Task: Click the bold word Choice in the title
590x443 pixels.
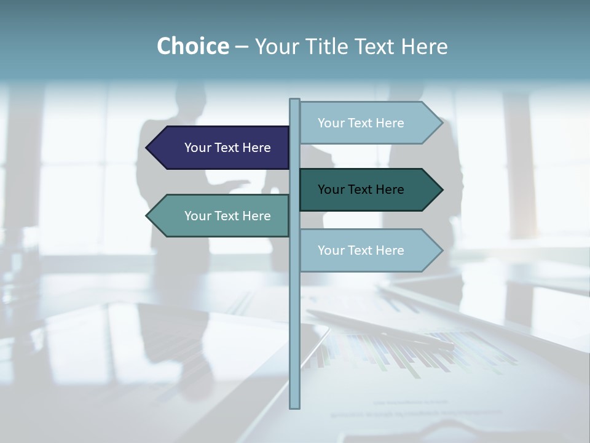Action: click(x=192, y=46)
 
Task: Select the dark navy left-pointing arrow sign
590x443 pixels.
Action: click(x=221, y=148)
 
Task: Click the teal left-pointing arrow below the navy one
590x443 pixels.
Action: click(x=221, y=216)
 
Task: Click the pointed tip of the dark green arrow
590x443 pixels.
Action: click(x=441, y=190)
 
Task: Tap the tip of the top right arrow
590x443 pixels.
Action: click(x=441, y=123)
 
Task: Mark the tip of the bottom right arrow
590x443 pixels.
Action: click(x=441, y=250)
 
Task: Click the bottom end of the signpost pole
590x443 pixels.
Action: click(x=294, y=406)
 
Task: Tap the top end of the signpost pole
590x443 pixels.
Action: click(x=294, y=101)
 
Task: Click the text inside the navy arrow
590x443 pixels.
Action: click(x=227, y=148)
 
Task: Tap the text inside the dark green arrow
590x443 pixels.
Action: click(x=361, y=190)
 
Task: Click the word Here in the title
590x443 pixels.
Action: click(x=425, y=46)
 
